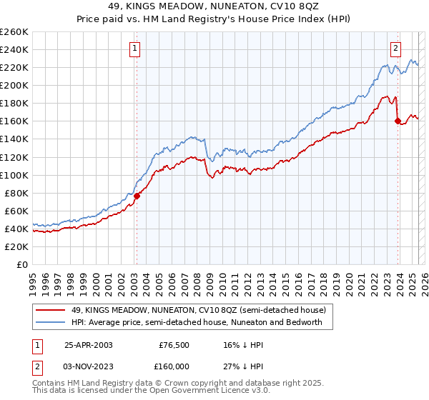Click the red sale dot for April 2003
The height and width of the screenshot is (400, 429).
[x=137, y=196]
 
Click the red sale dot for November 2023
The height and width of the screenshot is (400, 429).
[x=397, y=121]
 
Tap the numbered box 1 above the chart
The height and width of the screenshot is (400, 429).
[x=135, y=49]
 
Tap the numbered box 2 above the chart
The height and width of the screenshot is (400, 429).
[x=395, y=49]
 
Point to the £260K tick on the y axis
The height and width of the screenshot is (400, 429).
[x=14, y=31]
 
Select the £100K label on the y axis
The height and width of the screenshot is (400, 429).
[x=14, y=175]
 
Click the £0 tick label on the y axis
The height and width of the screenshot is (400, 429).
[x=22, y=264]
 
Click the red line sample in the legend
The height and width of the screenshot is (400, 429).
[x=50, y=310]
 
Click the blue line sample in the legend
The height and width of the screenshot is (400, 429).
[x=50, y=323]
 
